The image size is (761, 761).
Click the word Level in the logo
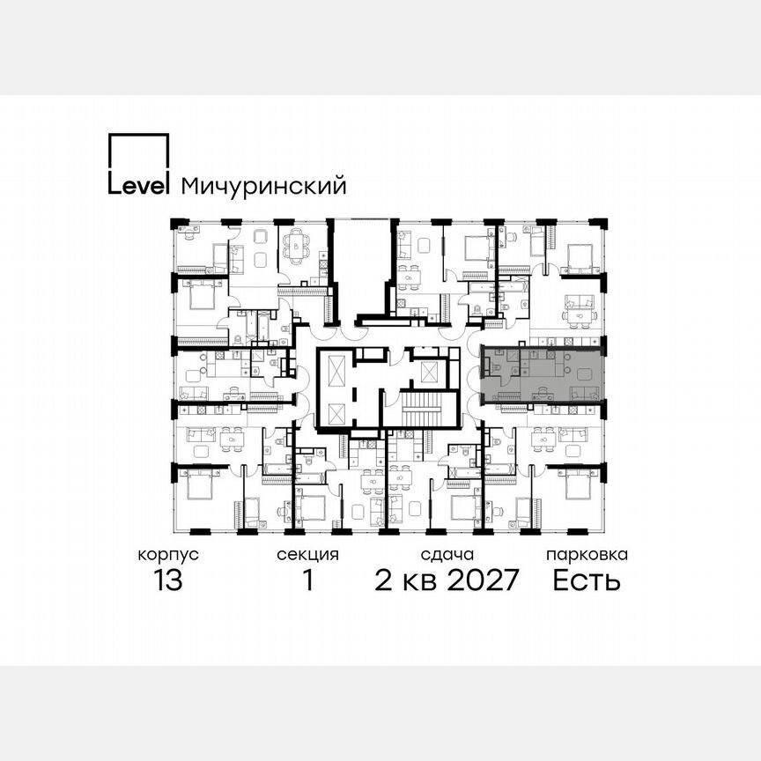click(x=138, y=186)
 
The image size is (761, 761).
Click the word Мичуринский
click(x=262, y=187)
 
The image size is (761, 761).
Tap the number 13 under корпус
click(x=166, y=581)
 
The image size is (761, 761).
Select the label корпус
click(x=167, y=555)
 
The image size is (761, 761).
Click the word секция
click(x=307, y=555)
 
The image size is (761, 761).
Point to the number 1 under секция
click(x=307, y=581)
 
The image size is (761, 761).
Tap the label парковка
click(x=587, y=555)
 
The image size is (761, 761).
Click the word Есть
click(x=587, y=581)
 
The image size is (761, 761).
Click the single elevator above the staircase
click(x=428, y=370)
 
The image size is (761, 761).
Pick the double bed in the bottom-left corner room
click(x=196, y=487)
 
